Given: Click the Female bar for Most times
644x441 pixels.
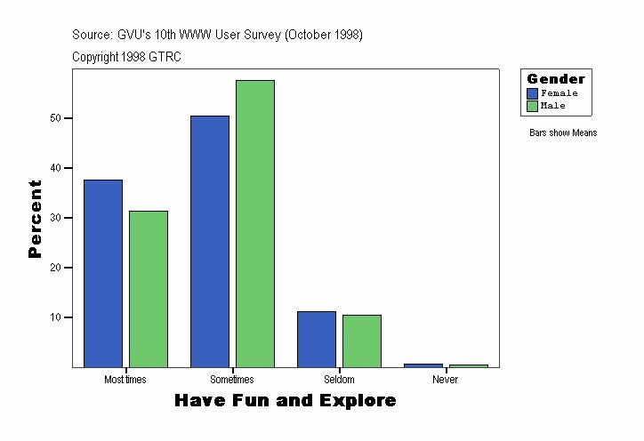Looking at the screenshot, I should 103,273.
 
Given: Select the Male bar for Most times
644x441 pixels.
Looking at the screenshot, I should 149,289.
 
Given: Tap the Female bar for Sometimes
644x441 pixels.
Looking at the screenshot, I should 210,241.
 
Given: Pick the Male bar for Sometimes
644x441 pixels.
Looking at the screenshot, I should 255,223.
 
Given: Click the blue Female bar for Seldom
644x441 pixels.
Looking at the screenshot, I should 317,339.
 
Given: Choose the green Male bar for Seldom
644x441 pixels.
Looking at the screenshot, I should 362,341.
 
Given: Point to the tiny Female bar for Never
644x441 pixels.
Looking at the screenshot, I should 423,365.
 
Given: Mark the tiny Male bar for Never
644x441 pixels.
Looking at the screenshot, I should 468,365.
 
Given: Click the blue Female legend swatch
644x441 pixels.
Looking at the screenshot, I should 533,93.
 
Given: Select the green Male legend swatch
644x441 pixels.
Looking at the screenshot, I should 533,106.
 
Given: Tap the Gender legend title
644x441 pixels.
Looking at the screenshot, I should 556,79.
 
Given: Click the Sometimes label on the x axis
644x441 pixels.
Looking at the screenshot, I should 232,380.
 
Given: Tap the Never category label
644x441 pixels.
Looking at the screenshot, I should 446,380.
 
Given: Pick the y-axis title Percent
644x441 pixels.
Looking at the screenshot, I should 36,219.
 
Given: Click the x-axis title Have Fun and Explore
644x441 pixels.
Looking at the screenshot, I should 286,401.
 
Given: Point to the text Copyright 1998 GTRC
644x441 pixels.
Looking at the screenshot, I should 127,57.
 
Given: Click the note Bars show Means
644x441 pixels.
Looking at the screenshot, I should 563,133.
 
